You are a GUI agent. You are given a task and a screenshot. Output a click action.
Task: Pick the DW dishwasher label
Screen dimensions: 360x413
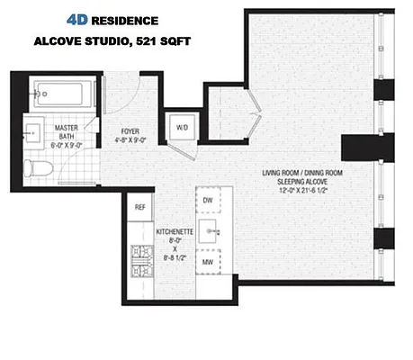coord(208,200)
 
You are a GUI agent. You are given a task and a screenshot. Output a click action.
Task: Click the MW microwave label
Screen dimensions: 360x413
coord(208,262)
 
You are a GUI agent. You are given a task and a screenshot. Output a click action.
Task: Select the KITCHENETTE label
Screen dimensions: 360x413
coord(175,232)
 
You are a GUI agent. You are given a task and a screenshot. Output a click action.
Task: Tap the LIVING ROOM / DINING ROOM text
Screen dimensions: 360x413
coord(302,172)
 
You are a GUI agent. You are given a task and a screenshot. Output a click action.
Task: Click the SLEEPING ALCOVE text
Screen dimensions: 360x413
coord(302,181)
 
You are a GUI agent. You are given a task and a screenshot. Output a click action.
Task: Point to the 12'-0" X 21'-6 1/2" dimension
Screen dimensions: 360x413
coord(302,190)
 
